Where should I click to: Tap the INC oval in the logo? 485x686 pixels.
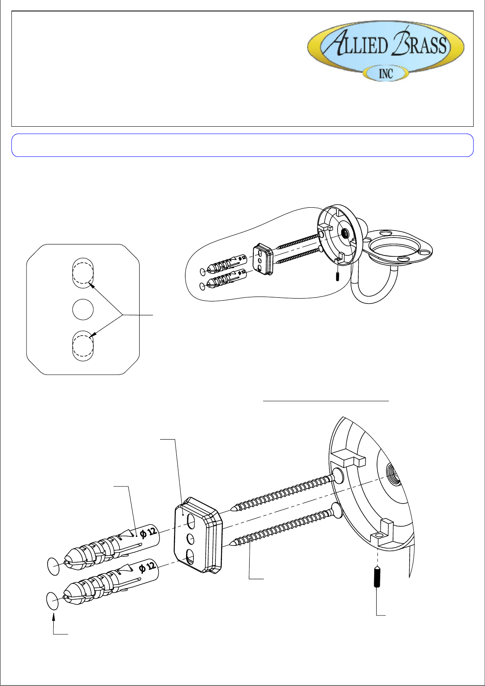click(386, 74)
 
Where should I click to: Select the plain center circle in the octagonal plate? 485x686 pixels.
click(83, 309)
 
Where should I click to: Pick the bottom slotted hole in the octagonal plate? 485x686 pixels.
click(83, 346)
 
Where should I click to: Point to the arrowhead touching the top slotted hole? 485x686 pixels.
click(91, 286)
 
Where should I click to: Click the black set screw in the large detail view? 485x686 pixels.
click(377, 576)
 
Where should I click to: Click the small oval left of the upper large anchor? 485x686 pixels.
click(53, 566)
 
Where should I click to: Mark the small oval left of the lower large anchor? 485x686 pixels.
click(53, 601)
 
